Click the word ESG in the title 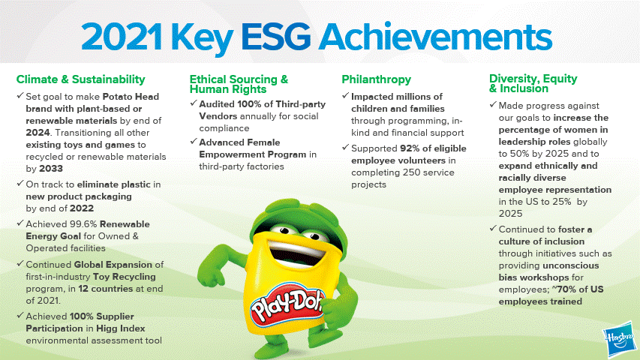(276, 37)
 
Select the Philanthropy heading (377, 79)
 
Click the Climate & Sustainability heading (81, 79)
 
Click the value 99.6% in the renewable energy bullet (83, 224)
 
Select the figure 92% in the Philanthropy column (410, 148)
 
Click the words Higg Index (120, 328)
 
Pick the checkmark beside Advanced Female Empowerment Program (194, 141)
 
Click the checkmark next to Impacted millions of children (346, 95)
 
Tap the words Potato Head (131, 97)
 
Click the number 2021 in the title (122, 37)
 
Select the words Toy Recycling (125, 277)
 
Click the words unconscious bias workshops (549, 271)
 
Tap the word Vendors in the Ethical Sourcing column (218, 116)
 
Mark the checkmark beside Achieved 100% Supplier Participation (20, 315)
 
